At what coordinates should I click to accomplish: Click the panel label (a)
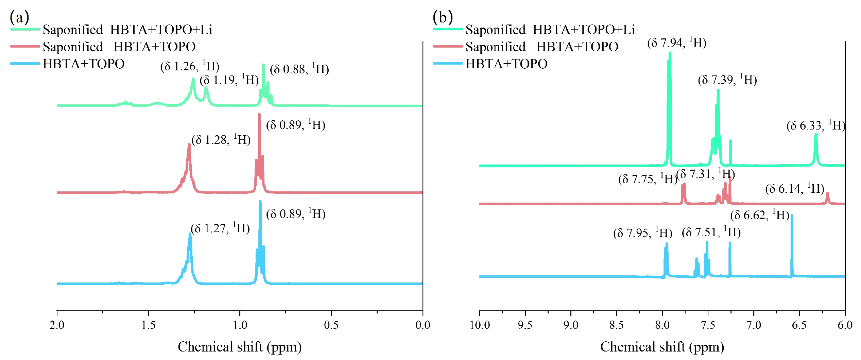click(x=19, y=17)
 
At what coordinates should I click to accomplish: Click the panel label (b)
click(x=443, y=17)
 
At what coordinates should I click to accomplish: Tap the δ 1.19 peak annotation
click(x=229, y=80)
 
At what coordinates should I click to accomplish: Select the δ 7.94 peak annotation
click(x=677, y=43)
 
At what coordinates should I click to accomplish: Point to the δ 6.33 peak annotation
click(x=815, y=125)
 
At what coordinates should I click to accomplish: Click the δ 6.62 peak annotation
click(x=760, y=215)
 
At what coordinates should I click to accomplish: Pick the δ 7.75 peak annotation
click(x=648, y=179)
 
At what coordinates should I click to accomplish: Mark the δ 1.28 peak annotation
click(x=221, y=140)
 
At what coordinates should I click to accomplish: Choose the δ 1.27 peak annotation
click(x=220, y=228)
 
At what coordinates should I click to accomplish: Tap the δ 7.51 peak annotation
click(x=711, y=233)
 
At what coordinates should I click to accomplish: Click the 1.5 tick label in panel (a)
click(x=148, y=325)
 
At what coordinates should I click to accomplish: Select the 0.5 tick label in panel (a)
click(x=331, y=325)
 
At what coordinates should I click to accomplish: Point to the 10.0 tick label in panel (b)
click(x=480, y=325)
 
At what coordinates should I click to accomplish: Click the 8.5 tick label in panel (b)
click(x=617, y=325)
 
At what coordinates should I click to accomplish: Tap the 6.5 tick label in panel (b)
click(x=799, y=325)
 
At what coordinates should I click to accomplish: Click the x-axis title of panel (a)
click(x=240, y=347)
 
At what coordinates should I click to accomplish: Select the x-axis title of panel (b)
click(x=662, y=347)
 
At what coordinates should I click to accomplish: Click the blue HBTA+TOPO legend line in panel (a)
click(x=25, y=64)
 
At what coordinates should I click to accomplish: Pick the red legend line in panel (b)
click(x=448, y=46)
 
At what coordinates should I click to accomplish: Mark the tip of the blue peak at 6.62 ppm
click(x=792, y=216)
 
